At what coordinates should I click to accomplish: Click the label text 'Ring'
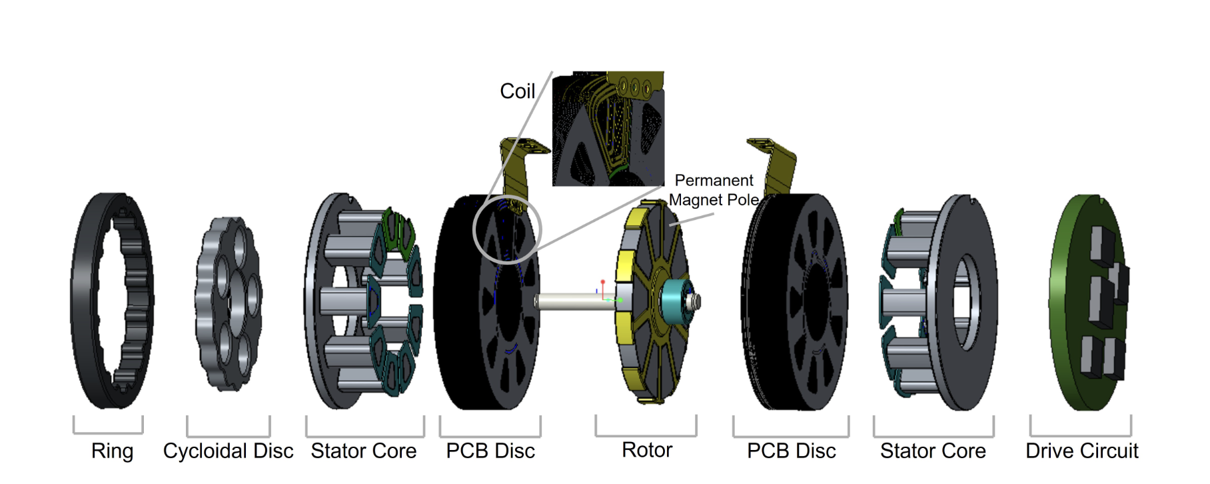tap(112, 451)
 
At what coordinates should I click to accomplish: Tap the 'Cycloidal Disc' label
tap(228, 451)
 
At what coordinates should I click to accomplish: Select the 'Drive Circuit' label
tap(1081, 451)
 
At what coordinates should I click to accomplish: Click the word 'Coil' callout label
tap(517, 91)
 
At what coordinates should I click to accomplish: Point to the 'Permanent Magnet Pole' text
tap(714, 190)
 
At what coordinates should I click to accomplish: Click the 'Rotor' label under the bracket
tap(646, 450)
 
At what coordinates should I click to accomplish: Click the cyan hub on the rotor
tap(673, 300)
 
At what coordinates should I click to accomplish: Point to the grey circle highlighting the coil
tap(474, 230)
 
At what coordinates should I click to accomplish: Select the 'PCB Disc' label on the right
tap(791, 451)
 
